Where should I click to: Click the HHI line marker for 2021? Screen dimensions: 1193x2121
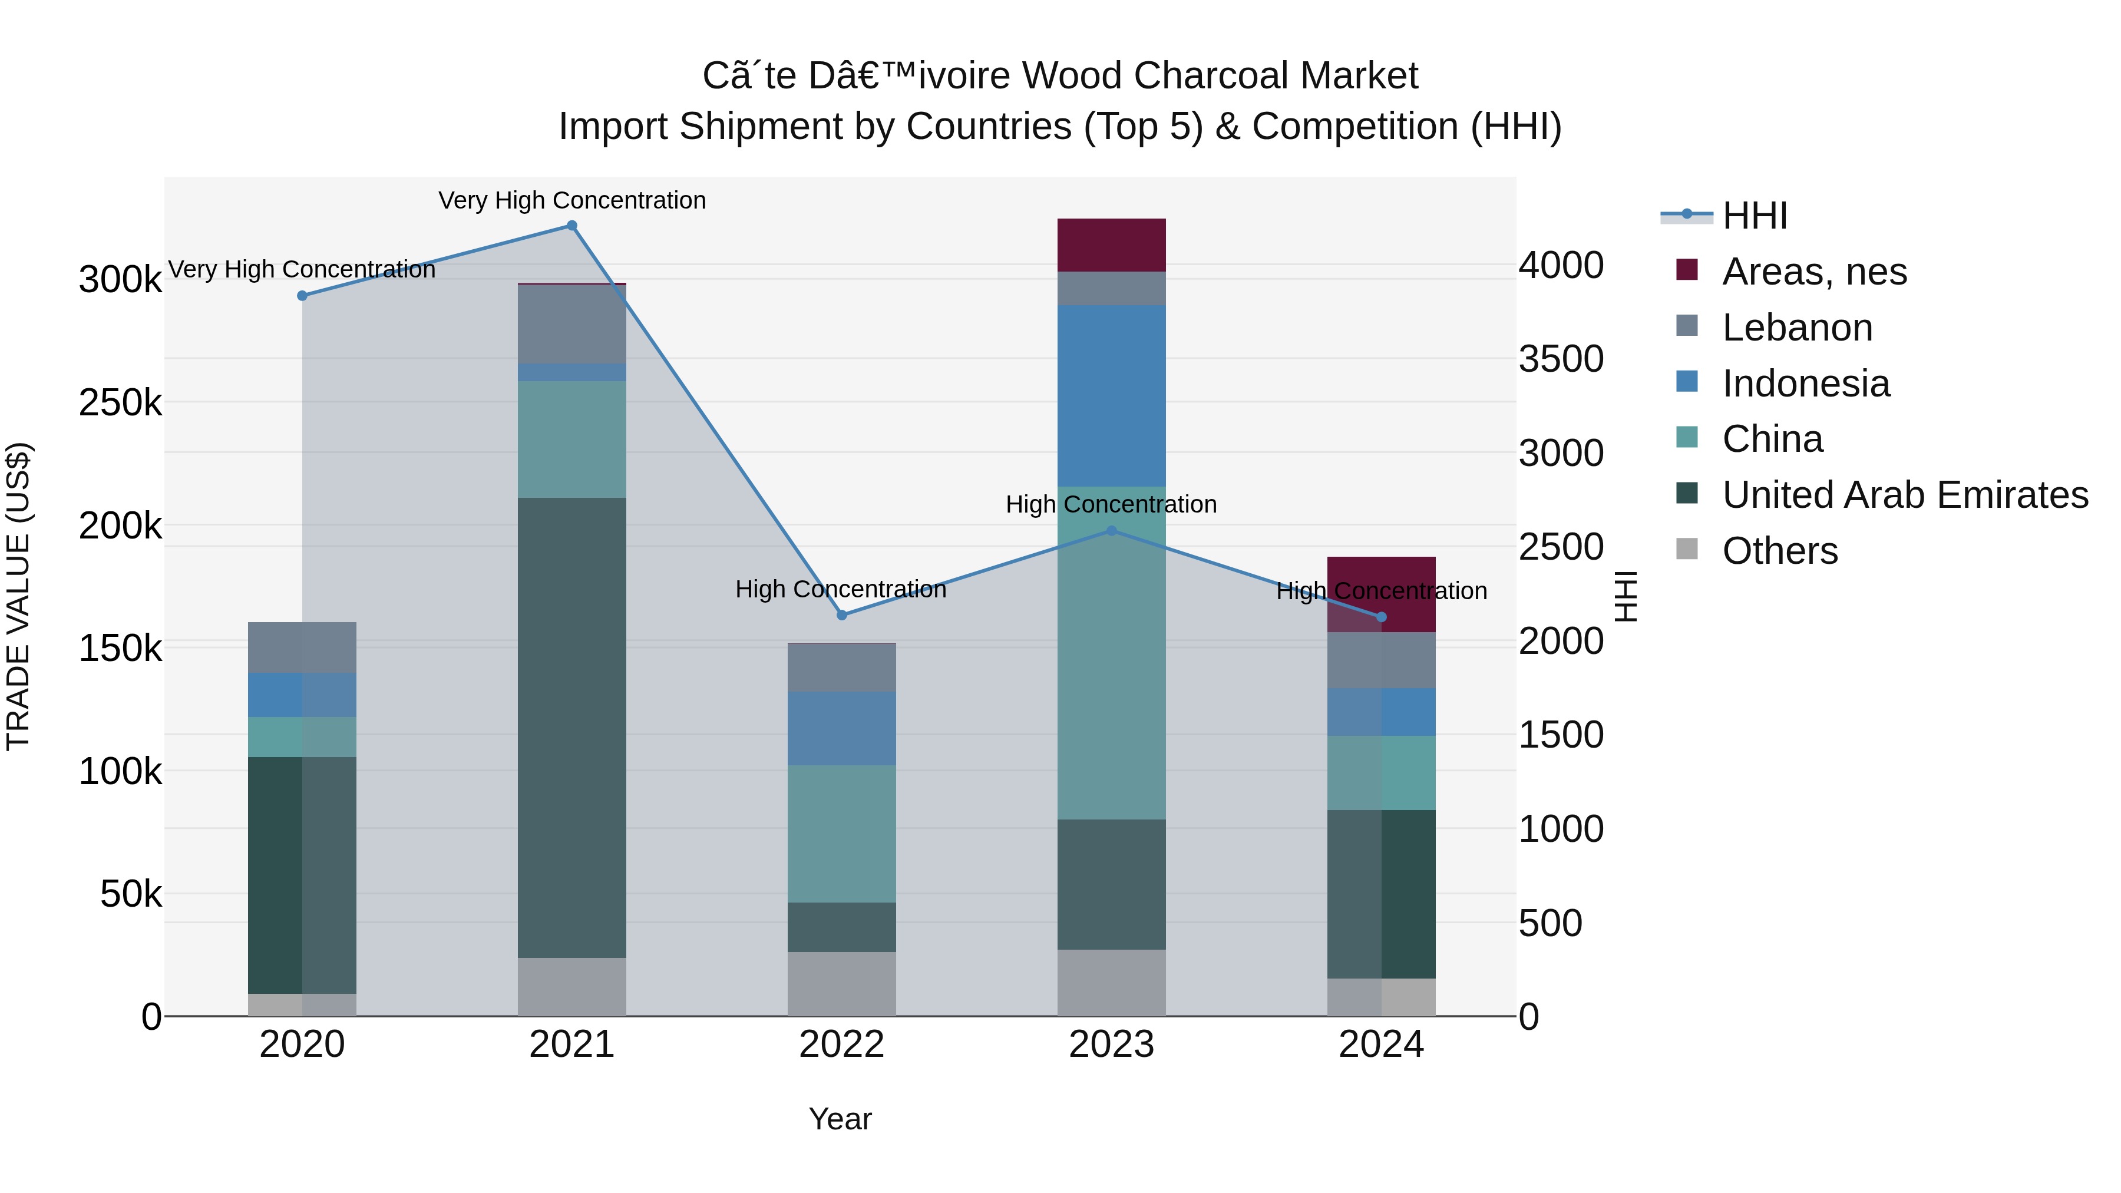click(571, 226)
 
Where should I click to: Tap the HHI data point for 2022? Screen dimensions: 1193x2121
click(841, 615)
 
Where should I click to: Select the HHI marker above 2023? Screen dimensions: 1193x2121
click(1112, 531)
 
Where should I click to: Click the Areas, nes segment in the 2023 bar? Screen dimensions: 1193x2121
click(1112, 244)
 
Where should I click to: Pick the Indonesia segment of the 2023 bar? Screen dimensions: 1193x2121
click(1112, 395)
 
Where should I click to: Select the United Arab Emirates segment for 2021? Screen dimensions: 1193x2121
click(571, 727)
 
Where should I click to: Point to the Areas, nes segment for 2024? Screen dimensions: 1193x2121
click(1381, 594)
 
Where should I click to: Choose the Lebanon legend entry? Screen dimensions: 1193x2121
click(1796, 328)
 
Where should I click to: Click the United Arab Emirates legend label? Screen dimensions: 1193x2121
click(1904, 495)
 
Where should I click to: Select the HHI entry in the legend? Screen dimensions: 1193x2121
click(1754, 216)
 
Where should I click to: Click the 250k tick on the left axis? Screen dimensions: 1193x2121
click(120, 404)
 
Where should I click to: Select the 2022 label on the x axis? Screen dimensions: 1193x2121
click(841, 1045)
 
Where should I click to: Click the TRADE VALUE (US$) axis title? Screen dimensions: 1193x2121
click(19, 596)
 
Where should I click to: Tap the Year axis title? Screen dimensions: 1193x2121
click(840, 1119)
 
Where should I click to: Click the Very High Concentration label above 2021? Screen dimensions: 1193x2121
click(571, 200)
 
